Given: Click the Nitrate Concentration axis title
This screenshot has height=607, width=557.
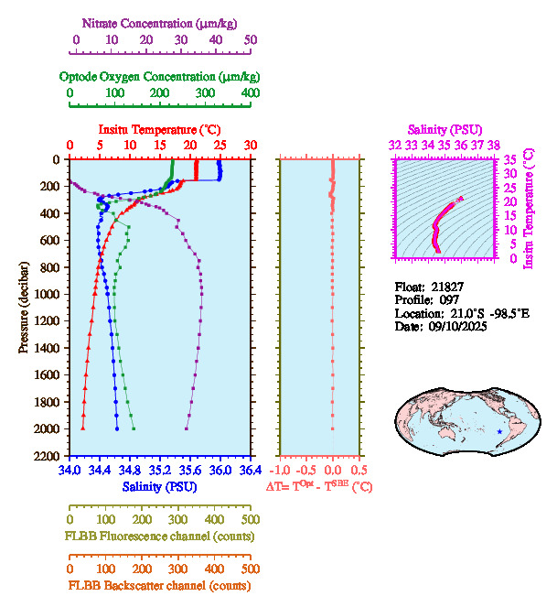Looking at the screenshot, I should (x=164, y=21).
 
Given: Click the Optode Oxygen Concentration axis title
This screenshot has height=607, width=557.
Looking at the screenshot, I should (x=160, y=75).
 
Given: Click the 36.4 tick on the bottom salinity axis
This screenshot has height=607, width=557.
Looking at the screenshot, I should (x=249, y=471).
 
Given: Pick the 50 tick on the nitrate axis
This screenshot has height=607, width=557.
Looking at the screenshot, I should (x=251, y=40).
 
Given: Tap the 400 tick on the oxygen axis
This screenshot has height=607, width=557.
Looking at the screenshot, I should (x=250, y=93).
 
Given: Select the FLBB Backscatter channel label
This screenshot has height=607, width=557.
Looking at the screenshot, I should (x=159, y=586).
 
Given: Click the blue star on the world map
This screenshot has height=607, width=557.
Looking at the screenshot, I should (x=498, y=431).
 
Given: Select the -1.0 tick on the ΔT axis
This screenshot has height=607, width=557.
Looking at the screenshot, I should (x=283, y=471).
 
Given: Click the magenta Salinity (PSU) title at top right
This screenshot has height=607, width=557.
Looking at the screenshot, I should (x=444, y=130).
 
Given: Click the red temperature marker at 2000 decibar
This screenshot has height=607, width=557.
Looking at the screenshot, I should (x=83, y=428).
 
